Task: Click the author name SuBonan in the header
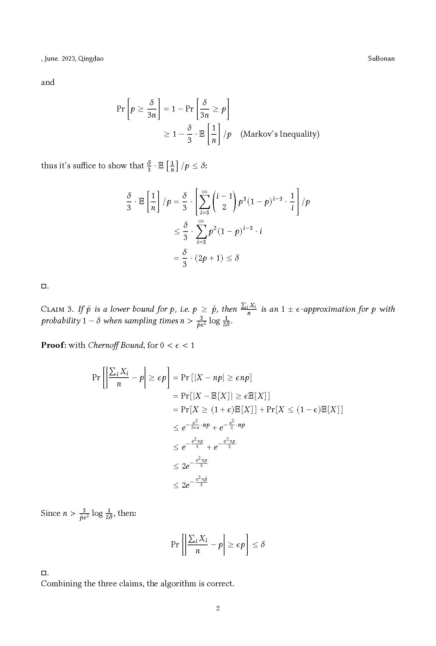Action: [x=381, y=58]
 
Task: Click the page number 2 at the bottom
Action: [x=218, y=609]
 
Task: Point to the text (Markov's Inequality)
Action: [x=280, y=134]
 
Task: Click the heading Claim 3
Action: [x=57, y=309]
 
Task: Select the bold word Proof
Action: [x=53, y=345]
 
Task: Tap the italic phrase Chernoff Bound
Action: [x=115, y=345]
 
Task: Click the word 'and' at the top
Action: [x=48, y=82]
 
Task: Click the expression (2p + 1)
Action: [x=209, y=258]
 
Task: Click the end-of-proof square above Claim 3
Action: [x=44, y=286]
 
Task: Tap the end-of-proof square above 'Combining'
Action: [x=44, y=573]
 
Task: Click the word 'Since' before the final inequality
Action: [x=51, y=513]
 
